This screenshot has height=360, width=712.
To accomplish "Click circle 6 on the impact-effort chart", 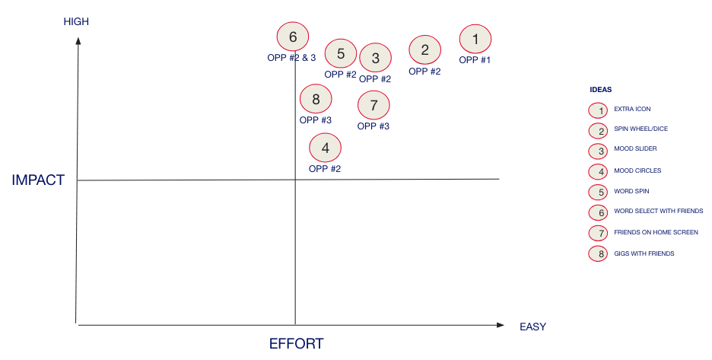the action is coord(293,37).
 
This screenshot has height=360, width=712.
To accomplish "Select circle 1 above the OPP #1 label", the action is coord(475,39).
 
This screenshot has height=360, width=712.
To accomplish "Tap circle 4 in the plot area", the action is coord(325,148).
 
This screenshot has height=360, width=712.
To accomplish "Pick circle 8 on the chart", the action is coord(316,99).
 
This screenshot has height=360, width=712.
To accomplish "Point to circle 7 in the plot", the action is coord(373,105).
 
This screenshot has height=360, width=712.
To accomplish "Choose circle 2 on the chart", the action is coord(425,49).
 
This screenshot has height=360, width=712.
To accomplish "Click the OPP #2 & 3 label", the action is coord(291,58).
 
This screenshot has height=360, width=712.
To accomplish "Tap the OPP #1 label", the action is coord(475,60).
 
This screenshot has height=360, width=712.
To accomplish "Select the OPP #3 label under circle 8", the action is coord(316,120).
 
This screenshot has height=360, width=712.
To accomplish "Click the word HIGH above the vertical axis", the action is coord(76,21).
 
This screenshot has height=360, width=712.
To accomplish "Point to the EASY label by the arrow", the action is coord(533,327).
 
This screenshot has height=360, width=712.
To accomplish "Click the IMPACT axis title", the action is coord(38,180).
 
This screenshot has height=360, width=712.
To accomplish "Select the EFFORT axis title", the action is coord(297,344).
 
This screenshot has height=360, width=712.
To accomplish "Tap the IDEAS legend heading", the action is coord(601,90).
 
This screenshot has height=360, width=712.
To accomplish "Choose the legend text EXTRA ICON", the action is coord(633,109).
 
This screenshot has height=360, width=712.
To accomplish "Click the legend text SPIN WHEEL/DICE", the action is coord(641,129).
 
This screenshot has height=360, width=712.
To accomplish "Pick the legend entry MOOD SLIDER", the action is coord(636,148).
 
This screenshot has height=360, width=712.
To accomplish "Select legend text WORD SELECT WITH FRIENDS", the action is coord(659,211).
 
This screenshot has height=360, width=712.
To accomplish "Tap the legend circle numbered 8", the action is coord(598,253).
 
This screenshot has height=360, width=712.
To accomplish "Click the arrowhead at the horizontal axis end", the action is coord(501,325).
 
